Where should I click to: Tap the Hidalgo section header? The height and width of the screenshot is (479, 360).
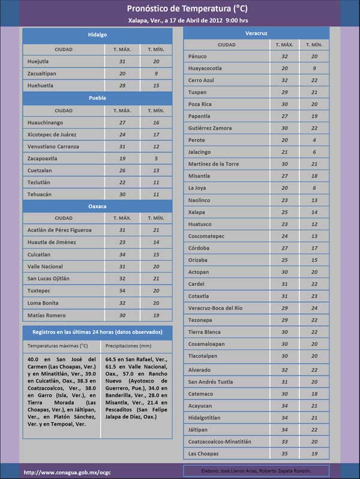coord(97,35)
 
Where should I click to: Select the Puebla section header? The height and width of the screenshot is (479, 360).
coord(97,98)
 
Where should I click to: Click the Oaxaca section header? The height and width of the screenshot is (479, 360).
coord(97,206)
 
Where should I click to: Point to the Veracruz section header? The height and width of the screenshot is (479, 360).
coord(256,33)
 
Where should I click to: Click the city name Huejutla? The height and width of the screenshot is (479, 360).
coord(39,61)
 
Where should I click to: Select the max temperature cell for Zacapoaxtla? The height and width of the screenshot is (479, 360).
coord(122,159)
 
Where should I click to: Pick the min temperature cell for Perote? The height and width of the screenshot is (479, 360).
coord(314,140)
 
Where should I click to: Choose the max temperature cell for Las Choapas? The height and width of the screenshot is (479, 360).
coord(284,453)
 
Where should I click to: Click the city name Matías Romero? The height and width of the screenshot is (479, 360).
coord(46,315)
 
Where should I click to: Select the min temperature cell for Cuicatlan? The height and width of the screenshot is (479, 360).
coord(156,254)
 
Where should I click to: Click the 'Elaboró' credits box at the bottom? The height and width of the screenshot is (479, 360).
coord(256,471)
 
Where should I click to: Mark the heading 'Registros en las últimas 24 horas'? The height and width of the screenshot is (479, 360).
coord(97,332)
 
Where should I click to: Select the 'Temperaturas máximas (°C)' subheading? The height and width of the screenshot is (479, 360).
coord(58,346)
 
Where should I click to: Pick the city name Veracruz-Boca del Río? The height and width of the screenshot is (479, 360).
coord(215,308)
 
